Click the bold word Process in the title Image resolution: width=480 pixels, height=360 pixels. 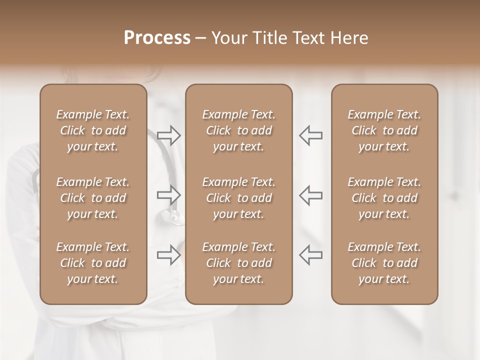[x=157, y=38]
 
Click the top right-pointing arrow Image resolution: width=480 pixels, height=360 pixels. [x=168, y=135]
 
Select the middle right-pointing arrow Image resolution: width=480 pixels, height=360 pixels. [x=168, y=195]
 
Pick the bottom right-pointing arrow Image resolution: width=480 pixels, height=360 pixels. [x=168, y=254]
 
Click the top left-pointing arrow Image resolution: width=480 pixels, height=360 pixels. [x=311, y=135]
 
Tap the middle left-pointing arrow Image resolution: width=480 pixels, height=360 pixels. [x=311, y=195]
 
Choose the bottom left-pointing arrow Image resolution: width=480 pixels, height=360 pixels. [x=311, y=254]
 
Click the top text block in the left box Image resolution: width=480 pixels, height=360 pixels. [x=93, y=130]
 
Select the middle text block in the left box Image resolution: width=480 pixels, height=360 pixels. [x=93, y=198]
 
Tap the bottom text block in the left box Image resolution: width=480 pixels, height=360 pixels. [x=93, y=263]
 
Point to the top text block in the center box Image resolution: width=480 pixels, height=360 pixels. [x=238, y=130]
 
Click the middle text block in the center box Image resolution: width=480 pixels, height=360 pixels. [x=238, y=198]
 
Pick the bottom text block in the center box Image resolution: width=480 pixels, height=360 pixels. [x=238, y=263]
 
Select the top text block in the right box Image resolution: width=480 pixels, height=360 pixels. [x=384, y=130]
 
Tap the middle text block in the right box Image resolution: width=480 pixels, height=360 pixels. [x=384, y=198]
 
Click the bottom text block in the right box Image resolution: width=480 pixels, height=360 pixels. [x=384, y=263]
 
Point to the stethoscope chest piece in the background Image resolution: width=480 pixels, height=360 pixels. [x=171, y=216]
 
